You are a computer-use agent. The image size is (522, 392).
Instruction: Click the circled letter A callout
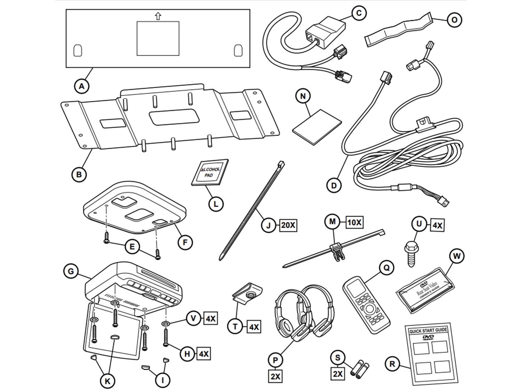click(81, 86)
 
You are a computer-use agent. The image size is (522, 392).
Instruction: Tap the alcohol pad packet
click(210, 172)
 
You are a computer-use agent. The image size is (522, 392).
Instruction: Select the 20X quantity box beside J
click(288, 225)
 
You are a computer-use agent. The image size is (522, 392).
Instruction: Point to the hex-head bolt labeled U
click(411, 253)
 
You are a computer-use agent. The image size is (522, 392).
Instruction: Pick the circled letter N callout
click(303, 96)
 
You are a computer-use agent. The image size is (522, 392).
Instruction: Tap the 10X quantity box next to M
click(354, 222)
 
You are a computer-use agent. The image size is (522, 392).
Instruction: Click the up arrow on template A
click(158, 16)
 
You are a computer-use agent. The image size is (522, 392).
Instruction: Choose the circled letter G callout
click(71, 271)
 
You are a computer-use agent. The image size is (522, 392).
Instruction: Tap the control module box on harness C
click(326, 32)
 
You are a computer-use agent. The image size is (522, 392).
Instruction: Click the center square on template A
click(158, 38)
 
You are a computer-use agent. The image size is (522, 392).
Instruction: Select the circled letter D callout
click(334, 185)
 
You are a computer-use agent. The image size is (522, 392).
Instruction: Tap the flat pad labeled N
click(317, 127)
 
